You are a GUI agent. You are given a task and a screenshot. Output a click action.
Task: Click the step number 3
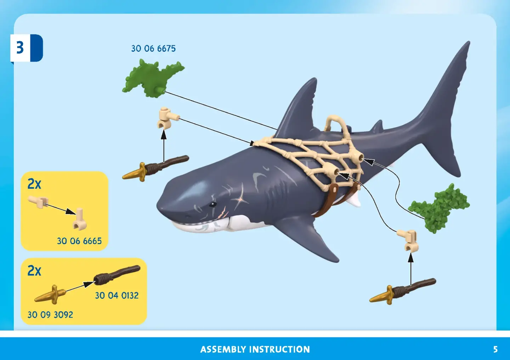click(20, 47)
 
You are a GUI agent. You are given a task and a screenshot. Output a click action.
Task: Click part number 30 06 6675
click(153, 49)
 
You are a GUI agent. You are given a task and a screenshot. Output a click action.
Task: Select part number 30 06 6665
click(79, 241)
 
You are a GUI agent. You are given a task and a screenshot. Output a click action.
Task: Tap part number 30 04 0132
click(117, 296)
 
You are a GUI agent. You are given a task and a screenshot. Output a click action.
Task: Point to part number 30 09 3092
click(50, 315)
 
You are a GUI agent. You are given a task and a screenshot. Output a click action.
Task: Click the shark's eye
click(213, 204)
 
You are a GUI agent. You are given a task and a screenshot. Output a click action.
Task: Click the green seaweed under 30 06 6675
click(153, 78)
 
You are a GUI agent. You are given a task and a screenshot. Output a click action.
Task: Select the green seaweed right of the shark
click(438, 208)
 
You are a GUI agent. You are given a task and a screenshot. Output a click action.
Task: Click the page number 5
click(495, 349)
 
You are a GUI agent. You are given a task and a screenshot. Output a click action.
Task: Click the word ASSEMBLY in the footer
click(223, 349)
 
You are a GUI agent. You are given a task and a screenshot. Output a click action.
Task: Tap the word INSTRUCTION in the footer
click(279, 349)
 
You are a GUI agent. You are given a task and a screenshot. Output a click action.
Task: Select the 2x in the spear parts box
click(34, 270)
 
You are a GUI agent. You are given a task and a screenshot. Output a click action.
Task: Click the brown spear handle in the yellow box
click(117, 275)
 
